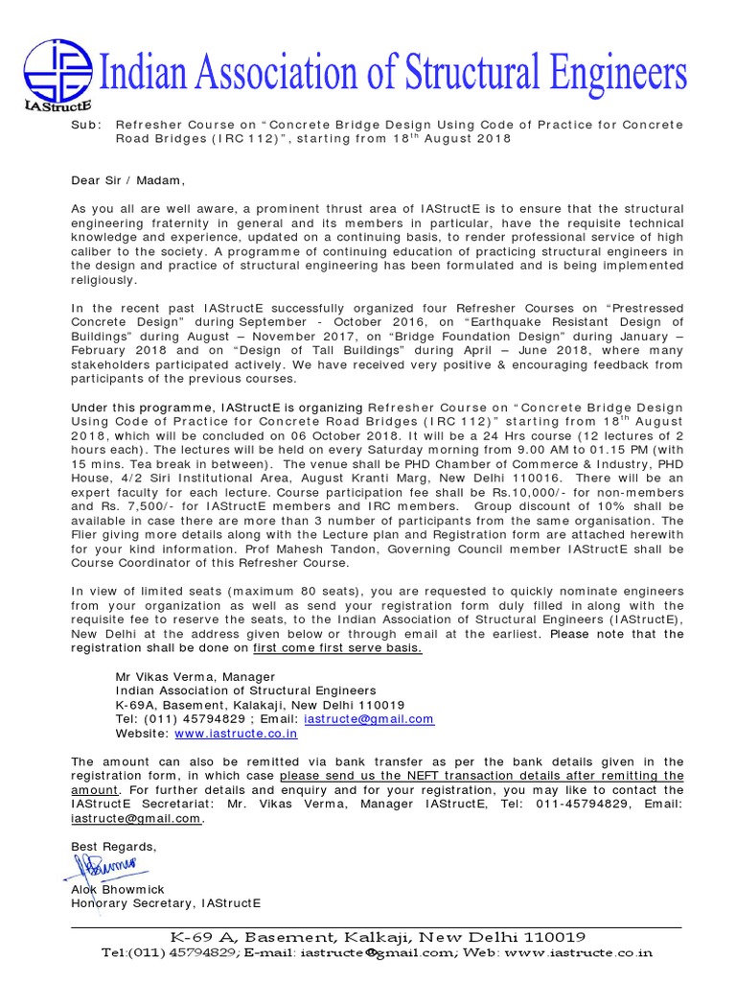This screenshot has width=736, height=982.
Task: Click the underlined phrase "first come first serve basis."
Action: point(337,647)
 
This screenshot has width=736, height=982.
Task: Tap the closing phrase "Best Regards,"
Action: point(113,847)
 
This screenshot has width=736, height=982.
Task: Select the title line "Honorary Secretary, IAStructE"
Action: point(166,903)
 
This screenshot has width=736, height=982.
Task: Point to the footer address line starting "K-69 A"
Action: point(378,937)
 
